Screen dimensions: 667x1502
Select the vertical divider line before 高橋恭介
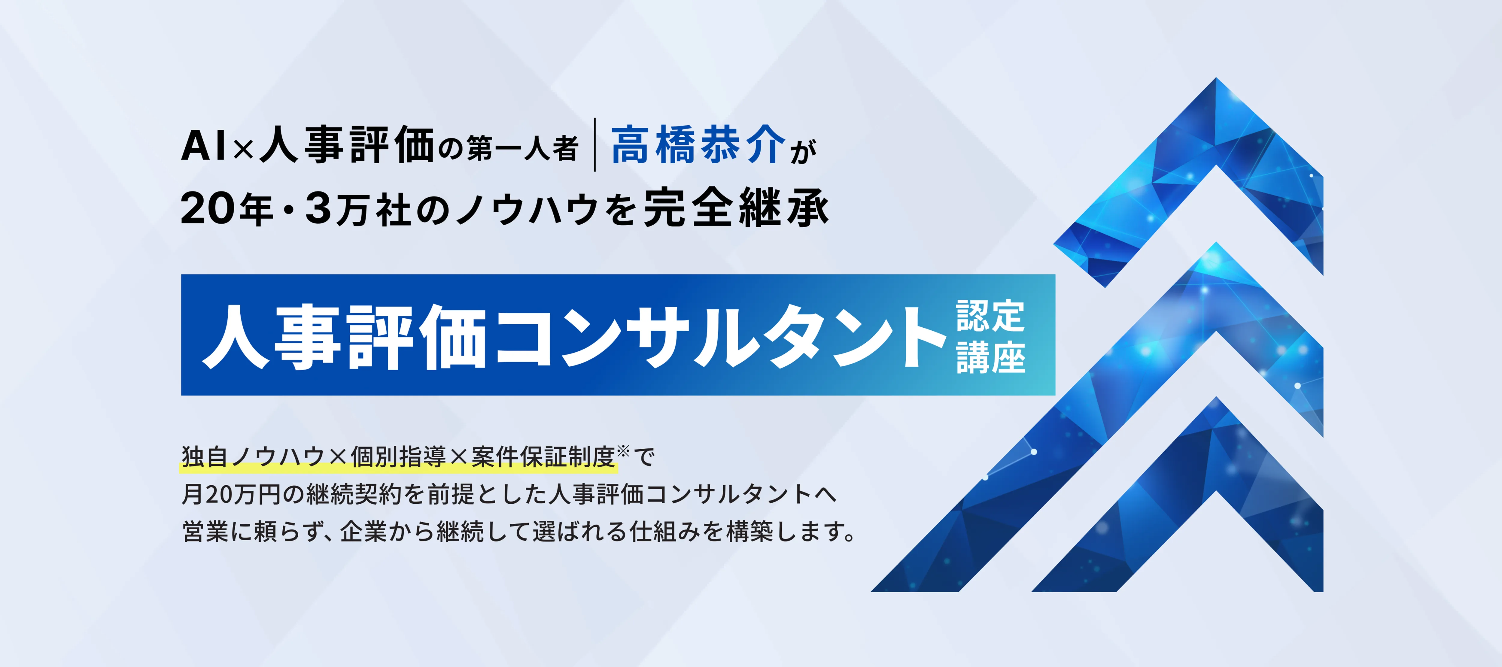tap(595, 144)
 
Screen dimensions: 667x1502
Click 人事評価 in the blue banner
tap(344, 337)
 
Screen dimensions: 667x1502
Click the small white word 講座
tap(990, 357)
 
